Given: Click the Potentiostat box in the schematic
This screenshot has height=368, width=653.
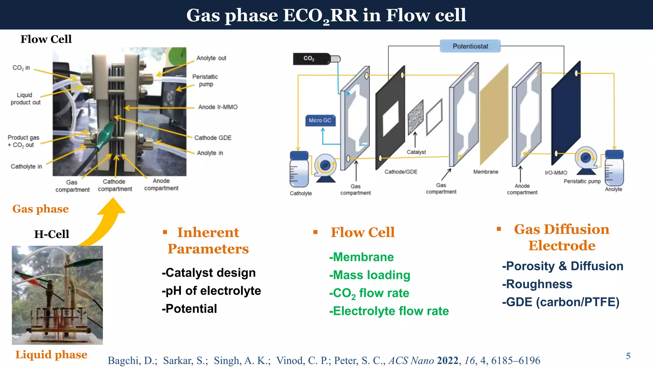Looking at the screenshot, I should click(x=470, y=46).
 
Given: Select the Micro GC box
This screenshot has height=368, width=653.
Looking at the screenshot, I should click(x=320, y=120).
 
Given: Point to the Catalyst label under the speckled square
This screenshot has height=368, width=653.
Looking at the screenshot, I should click(x=416, y=152).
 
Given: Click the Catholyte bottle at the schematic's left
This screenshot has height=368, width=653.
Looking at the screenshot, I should click(x=299, y=170).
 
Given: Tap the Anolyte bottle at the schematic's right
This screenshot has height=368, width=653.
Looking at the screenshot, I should click(x=614, y=168).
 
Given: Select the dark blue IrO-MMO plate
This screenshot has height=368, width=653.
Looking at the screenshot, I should click(x=566, y=112).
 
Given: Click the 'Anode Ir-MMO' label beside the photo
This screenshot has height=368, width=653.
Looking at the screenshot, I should click(x=218, y=107).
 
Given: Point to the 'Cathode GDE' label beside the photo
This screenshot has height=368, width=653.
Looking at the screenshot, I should click(x=213, y=138).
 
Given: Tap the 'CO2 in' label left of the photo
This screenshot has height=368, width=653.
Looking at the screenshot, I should click(x=21, y=68).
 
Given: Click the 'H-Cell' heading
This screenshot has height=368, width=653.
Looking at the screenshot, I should click(x=51, y=234).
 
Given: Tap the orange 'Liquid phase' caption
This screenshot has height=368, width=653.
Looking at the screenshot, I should click(x=51, y=355).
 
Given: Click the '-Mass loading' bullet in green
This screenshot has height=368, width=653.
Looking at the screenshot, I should click(x=370, y=275).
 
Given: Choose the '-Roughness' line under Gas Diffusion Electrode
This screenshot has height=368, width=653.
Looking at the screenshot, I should click(x=537, y=284).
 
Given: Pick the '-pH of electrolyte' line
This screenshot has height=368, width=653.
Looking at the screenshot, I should click(x=211, y=291).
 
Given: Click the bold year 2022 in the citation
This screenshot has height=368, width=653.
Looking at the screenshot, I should click(x=447, y=360).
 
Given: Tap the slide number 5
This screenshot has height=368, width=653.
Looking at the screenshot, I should click(x=628, y=356).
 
